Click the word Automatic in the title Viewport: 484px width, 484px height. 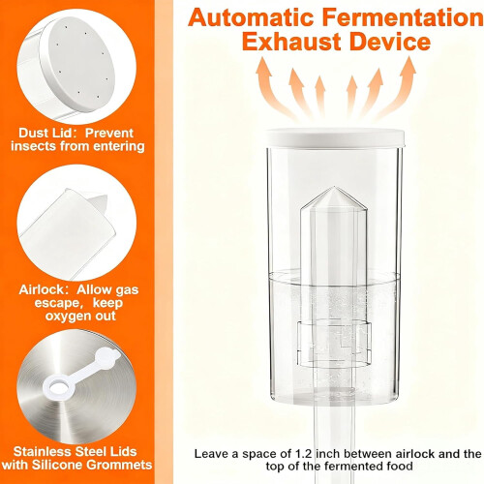click(x=251, y=17)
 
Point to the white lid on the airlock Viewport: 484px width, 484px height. click(x=335, y=137)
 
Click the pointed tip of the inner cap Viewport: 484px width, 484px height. click(x=334, y=187)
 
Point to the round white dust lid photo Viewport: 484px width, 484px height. click(x=76, y=67)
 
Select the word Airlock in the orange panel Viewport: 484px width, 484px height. click(x=44, y=289)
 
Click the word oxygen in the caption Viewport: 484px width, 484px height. click(x=66, y=317)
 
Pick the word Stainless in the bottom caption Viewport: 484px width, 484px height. click(x=43, y=451)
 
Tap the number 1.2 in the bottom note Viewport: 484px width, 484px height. click(x=304, y=454)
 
